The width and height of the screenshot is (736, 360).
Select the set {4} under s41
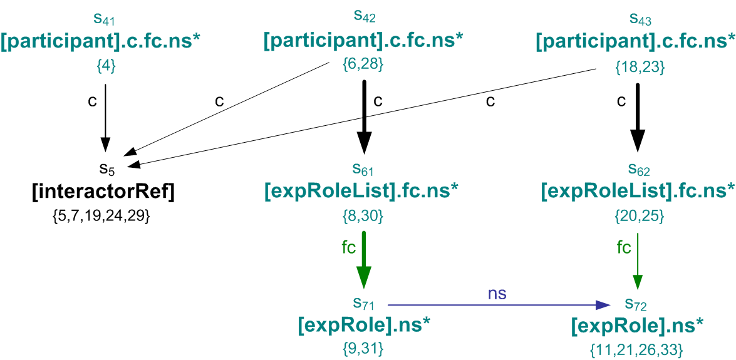coord(105,65)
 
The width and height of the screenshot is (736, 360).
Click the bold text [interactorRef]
coord(103,193)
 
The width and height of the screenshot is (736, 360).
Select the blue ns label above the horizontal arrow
coord(497,293)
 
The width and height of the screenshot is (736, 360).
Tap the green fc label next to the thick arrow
coord(348,247)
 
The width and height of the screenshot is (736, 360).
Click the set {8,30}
coord(363,217)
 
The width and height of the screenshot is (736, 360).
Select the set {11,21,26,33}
coord(636,348)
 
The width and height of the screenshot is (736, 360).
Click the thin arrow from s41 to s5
coord(105,113)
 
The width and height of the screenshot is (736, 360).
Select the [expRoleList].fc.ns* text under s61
coord(363,192)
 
